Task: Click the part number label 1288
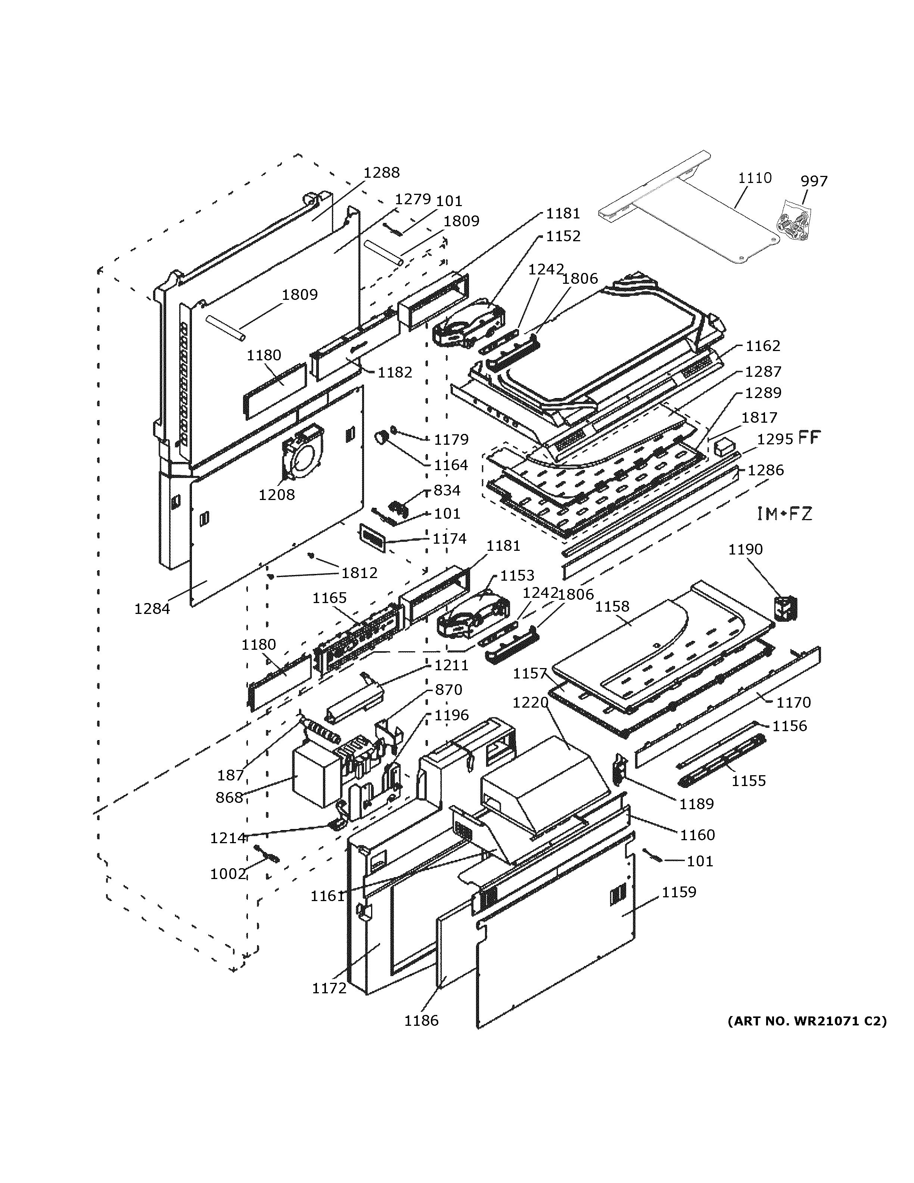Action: (x=381, y=172)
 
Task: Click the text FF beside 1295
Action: (x=809, y=438)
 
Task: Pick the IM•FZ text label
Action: (x=784, y=513)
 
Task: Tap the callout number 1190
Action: (x=745, y=549)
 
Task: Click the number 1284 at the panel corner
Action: (x=152, y=609)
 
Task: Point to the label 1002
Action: (x=228, y=874)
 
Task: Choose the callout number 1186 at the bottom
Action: (x=421, y=1021)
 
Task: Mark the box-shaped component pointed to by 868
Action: (x=314, y=778)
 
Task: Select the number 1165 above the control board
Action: (x=329, y=598)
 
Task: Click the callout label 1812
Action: (x=359, y=573)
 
